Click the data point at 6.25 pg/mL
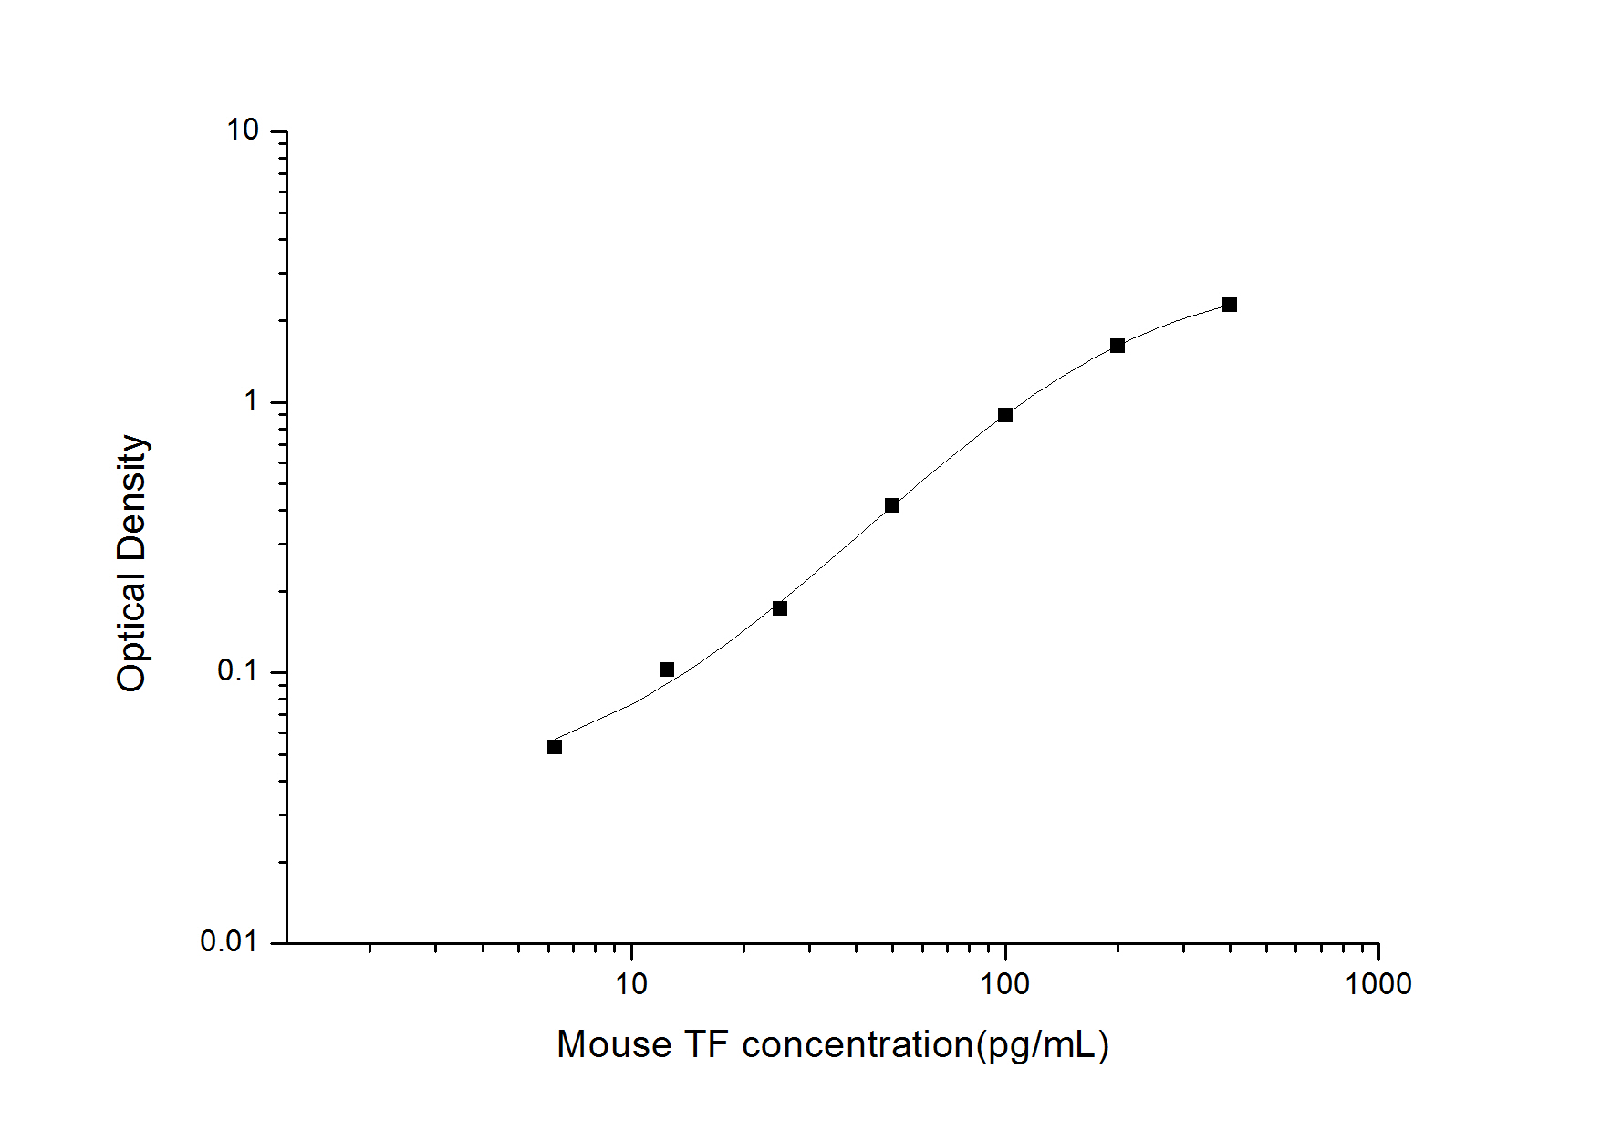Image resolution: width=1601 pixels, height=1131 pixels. (x=555, y=747)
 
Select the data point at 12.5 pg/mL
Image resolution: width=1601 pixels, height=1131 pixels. (x=667, y=669)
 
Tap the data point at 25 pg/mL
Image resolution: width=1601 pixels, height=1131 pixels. (x=780, y=608)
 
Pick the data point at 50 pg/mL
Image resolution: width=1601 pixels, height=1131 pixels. (x=892, y=505)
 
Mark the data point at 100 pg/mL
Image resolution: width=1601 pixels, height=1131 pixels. (x=1005, y=415)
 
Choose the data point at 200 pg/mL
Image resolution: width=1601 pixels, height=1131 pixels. (x=1118, y=346)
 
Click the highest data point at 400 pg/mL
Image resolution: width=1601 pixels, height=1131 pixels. (x=1230, y=305)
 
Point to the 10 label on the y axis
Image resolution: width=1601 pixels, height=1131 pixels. (x=243, y=131)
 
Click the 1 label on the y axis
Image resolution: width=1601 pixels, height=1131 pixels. (x=251, y=401)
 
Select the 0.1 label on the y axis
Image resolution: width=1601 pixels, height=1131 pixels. (x=237, y=671)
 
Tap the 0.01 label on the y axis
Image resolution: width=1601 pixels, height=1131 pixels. (x=228, y=941)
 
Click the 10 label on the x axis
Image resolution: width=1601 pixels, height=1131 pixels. (x=631, y=984)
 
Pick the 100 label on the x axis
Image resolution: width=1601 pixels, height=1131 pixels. (x=1004, y=984)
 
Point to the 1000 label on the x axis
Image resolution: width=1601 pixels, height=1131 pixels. (x=1377, y=984)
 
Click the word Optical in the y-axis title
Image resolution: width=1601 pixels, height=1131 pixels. (x=132, y=633)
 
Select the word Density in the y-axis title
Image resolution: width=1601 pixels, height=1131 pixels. (x=132, y=496)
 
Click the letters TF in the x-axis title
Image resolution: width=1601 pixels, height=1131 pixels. (x=706, y=1045)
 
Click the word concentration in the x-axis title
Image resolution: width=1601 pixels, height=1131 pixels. (x=858, y=1045)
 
